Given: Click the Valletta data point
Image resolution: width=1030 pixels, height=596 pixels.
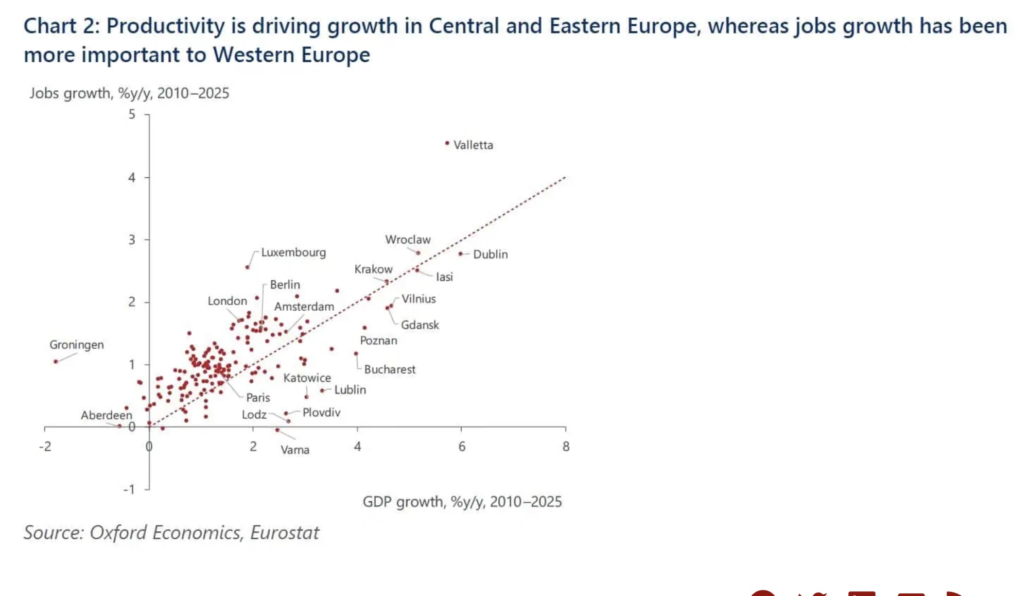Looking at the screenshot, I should pos(447,143).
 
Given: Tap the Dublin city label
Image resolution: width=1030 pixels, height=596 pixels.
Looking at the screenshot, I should pos(490,254).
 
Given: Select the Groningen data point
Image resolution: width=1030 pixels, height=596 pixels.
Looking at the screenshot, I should pos(56,362).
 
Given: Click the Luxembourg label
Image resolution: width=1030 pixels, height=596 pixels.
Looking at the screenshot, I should pos(293,252).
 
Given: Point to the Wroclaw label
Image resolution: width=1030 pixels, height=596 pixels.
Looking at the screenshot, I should pos(408,240).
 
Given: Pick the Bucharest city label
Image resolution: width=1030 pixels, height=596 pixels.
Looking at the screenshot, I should pos(390,369).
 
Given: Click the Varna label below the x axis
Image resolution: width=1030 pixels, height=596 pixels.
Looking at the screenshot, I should pos(295,450).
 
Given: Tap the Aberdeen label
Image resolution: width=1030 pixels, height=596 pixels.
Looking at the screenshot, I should pos(106,415).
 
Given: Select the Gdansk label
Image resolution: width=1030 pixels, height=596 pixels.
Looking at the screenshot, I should pos(420,325).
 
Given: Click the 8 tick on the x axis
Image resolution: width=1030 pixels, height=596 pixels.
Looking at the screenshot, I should pos(566,447).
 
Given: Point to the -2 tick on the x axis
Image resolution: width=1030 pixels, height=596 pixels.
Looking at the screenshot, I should pos(45,447).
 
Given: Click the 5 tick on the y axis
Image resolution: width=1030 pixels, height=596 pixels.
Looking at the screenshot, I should pos(132,114).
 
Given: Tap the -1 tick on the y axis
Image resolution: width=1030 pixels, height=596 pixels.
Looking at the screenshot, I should pos(129,489).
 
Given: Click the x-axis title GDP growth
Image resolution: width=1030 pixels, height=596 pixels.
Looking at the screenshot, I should pos(462,502).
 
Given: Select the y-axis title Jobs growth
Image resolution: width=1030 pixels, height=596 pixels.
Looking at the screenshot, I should pos(129,93).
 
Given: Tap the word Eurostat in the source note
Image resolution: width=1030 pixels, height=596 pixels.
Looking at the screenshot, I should pos(285,533).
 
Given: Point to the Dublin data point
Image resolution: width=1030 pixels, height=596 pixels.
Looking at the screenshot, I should pos(461,253).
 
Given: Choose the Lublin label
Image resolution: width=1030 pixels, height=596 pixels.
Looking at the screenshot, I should pos(350,390).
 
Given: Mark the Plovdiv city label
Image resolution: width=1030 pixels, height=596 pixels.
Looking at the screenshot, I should pos(321,413).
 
